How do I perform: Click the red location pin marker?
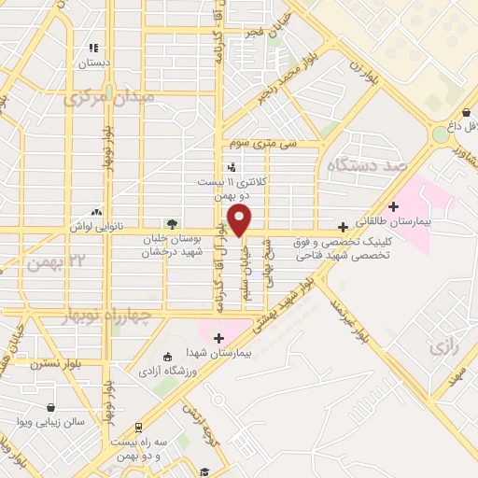(240, 221)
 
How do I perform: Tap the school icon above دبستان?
(92, 48)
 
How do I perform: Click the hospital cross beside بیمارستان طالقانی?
(392, 206)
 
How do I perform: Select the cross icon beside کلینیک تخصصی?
(344, 227)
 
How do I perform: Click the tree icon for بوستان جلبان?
(171, 223)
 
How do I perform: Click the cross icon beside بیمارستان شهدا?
(219, 338)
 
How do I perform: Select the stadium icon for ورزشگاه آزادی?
(167, 357)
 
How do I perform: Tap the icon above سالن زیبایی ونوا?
(49, 407)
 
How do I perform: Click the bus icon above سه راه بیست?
(139, 427)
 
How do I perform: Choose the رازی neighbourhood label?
(442, 347)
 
